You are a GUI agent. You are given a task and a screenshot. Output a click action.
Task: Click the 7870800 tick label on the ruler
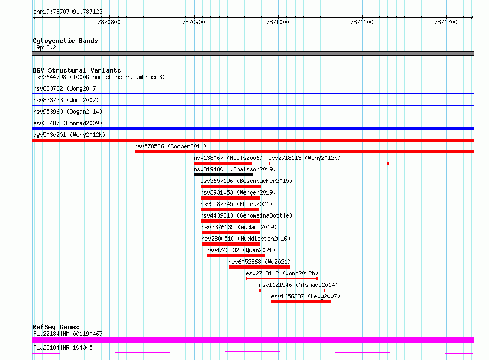click(109, 22)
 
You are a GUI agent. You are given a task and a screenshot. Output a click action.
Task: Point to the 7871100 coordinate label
click(362, 22)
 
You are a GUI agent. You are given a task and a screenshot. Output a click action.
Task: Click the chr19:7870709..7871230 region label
click(69, 12)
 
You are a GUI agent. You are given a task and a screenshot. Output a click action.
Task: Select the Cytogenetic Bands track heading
click(65, 41)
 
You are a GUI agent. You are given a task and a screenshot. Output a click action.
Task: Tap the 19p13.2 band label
click(45, 47)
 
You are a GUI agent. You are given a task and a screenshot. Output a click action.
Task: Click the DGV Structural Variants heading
click(77, 70)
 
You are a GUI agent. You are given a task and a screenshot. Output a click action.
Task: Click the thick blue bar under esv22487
click(253, 129)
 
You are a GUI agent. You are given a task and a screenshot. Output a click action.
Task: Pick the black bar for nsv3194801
click(223, 175)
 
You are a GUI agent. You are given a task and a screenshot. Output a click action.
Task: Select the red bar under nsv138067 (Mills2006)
click(223, 163)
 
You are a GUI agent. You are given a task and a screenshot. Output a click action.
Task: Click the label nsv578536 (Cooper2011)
click(170, 146)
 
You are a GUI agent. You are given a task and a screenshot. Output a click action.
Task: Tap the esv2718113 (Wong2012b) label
click(304, 158)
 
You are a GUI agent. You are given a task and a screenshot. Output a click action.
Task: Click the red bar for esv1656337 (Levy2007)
click(301, 302)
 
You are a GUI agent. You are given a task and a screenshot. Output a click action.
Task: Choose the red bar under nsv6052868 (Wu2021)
click(259, 267)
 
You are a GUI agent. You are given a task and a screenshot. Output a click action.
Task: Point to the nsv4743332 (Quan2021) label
click(241, 250)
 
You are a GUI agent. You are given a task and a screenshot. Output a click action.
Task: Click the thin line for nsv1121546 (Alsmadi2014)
click(292, 290)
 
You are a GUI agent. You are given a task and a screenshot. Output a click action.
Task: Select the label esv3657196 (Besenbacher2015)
click(246, 181)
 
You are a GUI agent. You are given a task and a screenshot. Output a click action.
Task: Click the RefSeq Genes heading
click(56, 327)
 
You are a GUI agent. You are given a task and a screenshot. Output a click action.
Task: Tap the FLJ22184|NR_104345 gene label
click(63, 347)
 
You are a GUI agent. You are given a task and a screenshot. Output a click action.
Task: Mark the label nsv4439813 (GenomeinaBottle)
click(246, 215)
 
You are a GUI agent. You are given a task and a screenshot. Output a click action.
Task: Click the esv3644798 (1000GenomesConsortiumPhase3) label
click(99, 77)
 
